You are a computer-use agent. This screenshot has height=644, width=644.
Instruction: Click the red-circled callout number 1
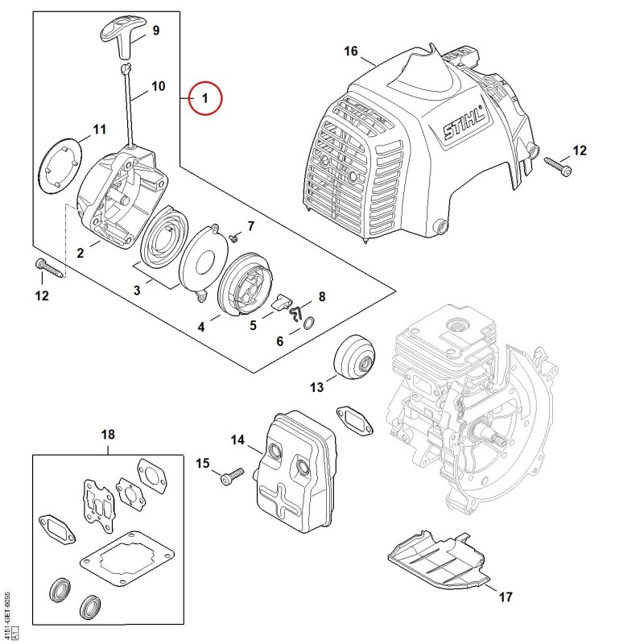(x=204, y=98)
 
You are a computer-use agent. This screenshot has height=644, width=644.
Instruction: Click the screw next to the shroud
(x=557, y=166)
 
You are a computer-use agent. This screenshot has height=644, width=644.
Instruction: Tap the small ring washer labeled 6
(x=309, y=323)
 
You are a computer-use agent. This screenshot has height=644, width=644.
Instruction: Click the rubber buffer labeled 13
(x=354, y=357)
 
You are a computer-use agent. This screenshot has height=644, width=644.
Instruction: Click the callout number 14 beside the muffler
(x=237, y=440)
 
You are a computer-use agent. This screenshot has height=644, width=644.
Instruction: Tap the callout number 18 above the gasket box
(x=108, y=434)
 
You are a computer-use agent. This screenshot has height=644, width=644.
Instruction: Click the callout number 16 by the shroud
(x=351, y=51)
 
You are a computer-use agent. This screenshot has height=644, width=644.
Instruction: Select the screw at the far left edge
(x=51, y=267)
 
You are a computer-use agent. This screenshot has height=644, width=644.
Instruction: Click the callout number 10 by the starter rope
(x=158, y=86)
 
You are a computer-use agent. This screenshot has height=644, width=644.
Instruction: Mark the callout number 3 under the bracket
(x=137, y=291)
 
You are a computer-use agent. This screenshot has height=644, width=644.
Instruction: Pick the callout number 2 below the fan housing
(x=80, y=253)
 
